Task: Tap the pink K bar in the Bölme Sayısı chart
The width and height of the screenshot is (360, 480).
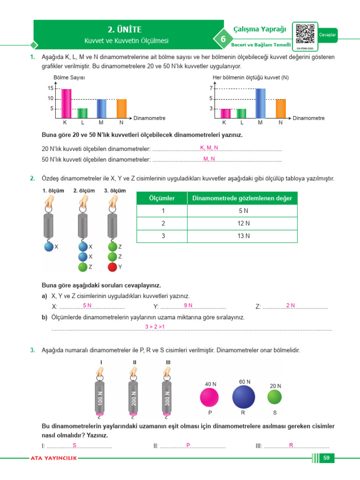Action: coord(67,103)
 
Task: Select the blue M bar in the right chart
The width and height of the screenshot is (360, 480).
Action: coord(261,103)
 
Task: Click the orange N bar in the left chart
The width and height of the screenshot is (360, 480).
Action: coord(121,108)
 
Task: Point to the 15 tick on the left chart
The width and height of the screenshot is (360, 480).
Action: coord(51,89)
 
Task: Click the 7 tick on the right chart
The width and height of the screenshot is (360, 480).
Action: coord(211,88)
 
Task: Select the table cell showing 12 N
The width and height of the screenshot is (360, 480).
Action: coord(243,224)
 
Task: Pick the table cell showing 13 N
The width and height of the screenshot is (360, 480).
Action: coord(243,236)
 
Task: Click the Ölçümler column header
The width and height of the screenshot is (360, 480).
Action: coord(162,198)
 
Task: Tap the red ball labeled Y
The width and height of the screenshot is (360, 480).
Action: coord(112,267)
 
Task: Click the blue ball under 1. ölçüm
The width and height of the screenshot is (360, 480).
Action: coord(49,247)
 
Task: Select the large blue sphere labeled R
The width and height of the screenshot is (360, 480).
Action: coord(244,397)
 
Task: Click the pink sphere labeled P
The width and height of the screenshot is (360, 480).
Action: coord(210,397)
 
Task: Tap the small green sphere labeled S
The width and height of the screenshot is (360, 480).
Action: coord(275,397)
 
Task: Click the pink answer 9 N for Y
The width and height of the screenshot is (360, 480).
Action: coord(188,306)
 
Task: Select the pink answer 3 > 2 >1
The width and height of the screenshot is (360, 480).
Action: coord(155,327)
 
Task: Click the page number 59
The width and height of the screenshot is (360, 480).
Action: coord(327,458)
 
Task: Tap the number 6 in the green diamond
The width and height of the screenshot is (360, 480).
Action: coord(223,39)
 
